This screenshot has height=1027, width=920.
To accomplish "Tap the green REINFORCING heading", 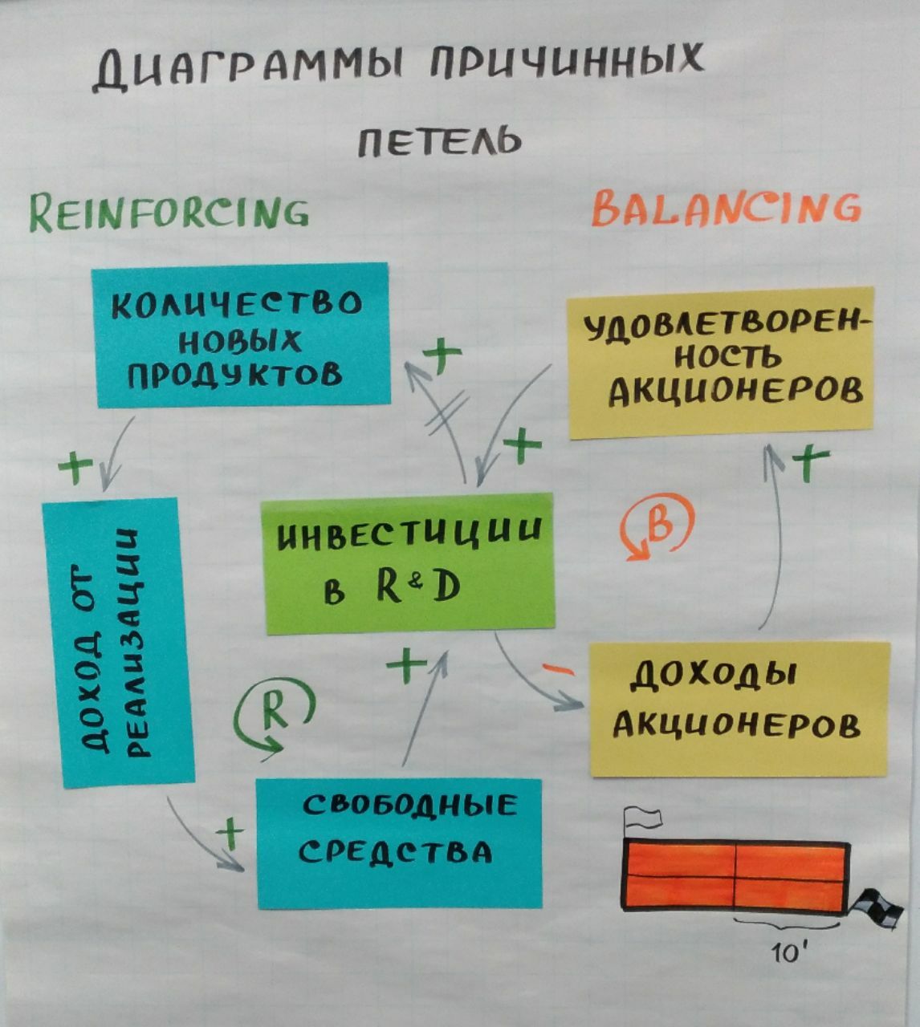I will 169,212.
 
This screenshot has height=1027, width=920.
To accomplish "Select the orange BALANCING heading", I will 725,208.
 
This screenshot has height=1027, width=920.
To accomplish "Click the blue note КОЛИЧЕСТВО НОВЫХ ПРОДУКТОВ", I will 241,335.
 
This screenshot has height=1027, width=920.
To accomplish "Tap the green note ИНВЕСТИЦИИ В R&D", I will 409,562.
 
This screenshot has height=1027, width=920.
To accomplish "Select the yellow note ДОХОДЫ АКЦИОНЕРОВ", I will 739,708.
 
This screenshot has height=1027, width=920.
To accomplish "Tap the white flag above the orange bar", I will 643,818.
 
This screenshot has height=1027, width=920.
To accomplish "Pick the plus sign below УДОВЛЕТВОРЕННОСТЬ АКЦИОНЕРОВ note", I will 811,463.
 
